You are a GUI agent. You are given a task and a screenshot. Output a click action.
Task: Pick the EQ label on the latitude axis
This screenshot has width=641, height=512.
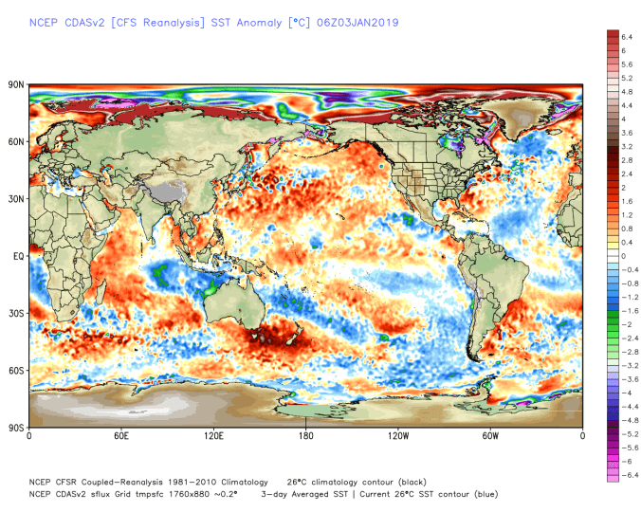coord(18,256)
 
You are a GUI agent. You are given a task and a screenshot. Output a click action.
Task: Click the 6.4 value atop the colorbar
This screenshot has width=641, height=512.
coord(627,36)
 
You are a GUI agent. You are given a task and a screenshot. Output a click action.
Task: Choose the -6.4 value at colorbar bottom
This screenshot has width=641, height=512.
coord(628,475)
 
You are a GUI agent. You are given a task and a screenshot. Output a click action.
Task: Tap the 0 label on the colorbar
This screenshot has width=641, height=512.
coord(624,256)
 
